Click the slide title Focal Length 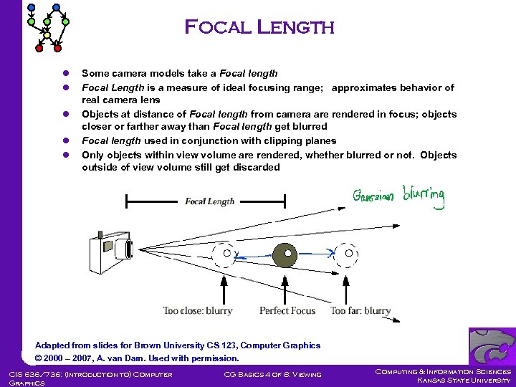point(259,28)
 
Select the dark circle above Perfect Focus point(287,253)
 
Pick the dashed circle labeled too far point(348,253)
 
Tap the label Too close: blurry point(198,311)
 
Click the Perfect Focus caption point(287,311)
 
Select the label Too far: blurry point(360,311)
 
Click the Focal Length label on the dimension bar point(209,201)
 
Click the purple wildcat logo point(492,346)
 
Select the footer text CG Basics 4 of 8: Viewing point(272,374)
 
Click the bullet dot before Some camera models point(66,74)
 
